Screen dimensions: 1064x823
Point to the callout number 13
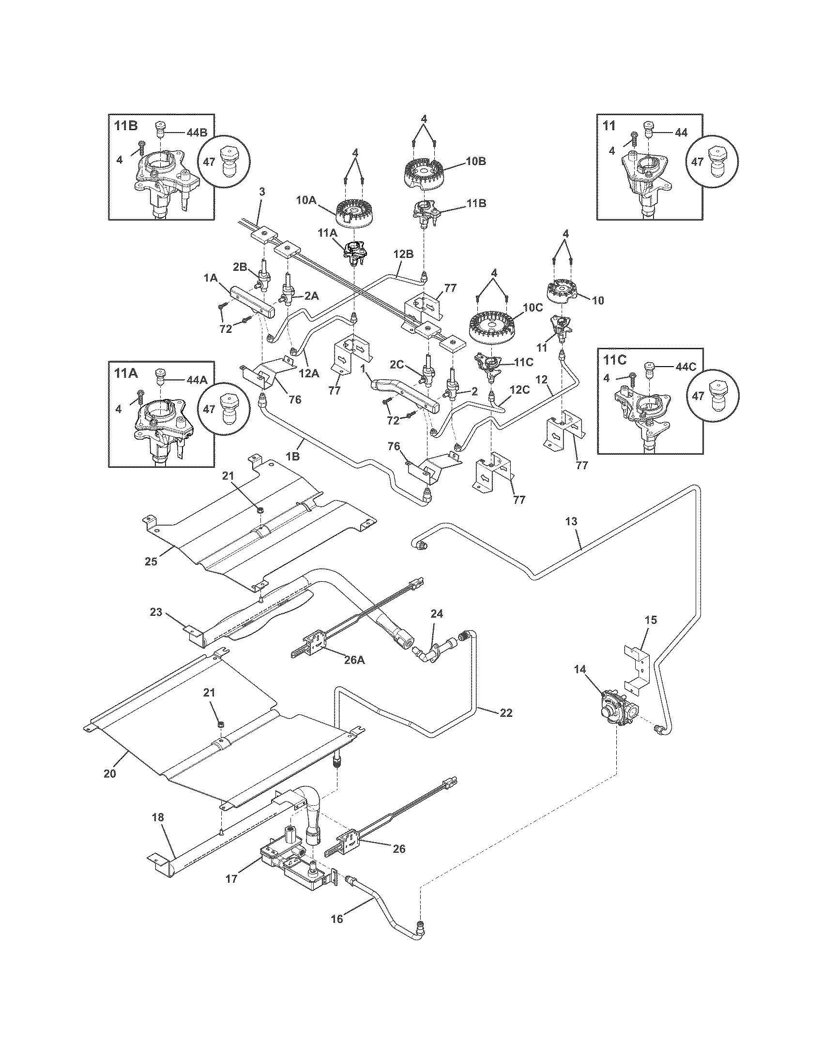point(571,521)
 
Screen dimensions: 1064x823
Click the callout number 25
point(151,561)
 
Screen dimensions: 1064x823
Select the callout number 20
point(110,773)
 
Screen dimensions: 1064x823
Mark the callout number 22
point(506,712)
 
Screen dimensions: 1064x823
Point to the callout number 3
point(262,192)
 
